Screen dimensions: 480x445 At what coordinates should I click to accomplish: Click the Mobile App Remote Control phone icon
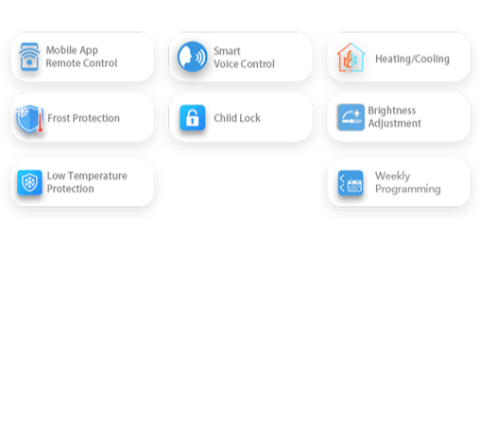tap(29, 57)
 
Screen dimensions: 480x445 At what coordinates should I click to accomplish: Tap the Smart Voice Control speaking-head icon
tap(192, 57)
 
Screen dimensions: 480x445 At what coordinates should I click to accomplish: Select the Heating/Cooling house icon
tap(351, 57)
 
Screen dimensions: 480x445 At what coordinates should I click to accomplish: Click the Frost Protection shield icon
tap(29, 118)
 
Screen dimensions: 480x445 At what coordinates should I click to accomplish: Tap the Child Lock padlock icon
tap(193, 117)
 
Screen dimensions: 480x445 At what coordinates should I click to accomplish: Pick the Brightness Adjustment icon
tap(351, 117)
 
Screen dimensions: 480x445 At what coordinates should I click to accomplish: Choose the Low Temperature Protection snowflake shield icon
tap(29, 182)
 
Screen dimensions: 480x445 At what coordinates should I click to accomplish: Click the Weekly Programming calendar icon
tap(351, 183)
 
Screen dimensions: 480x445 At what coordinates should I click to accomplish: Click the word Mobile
tap(61, 50)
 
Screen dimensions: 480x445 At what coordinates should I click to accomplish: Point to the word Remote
tap(61, 63)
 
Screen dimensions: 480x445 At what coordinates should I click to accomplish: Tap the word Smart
tap(227, 51)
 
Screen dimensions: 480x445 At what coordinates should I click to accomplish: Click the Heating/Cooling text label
tap(412, 59)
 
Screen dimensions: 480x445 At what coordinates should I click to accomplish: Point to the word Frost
tap(59, 118)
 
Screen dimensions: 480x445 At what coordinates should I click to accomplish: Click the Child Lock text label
tap(237, 118)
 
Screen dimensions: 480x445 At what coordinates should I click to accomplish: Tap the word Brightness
tap(392, 111)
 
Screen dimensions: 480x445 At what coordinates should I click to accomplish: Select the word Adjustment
tap(395, 124)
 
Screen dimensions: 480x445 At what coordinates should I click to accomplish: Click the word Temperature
tap(97, 176)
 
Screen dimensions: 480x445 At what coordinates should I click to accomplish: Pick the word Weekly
tap(393, 176)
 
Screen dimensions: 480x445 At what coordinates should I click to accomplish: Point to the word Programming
tap(408, 189)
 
